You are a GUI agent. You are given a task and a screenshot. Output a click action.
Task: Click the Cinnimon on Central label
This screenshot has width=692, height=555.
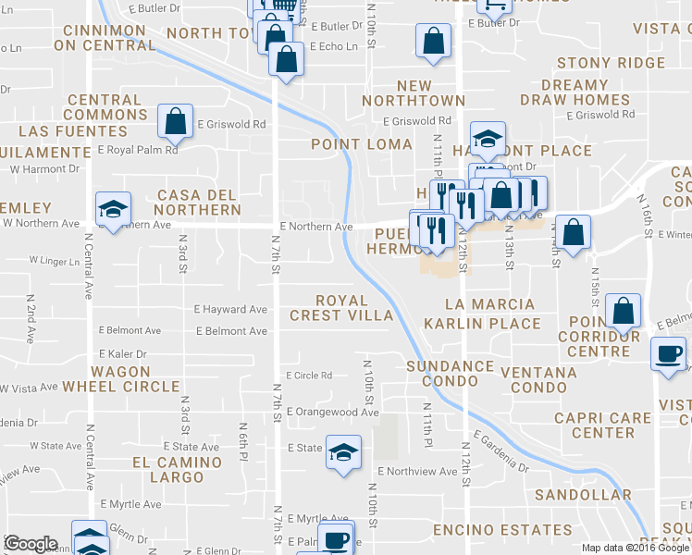104,37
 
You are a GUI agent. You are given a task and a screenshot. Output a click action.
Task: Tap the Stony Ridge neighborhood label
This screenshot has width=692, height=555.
610,63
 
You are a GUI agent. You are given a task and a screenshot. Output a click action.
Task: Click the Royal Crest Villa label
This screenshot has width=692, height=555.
341,308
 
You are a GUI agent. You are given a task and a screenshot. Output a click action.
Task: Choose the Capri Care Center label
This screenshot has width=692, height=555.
602,425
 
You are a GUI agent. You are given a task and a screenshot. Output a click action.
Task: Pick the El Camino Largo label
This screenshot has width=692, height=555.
177,470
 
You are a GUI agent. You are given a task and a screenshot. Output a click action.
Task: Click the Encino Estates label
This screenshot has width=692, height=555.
501,531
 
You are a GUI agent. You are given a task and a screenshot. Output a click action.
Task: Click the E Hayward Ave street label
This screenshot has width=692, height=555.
231,310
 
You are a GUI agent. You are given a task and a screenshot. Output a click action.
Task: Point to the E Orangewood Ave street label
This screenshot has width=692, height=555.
332,412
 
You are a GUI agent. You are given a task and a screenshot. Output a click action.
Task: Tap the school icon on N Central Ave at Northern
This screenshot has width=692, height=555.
113,209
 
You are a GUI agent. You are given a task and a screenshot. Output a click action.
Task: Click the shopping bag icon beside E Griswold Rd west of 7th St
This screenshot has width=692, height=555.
174,120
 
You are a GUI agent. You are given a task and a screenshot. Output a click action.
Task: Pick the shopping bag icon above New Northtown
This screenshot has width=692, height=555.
433,41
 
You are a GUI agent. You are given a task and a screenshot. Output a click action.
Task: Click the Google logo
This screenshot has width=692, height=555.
31,544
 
